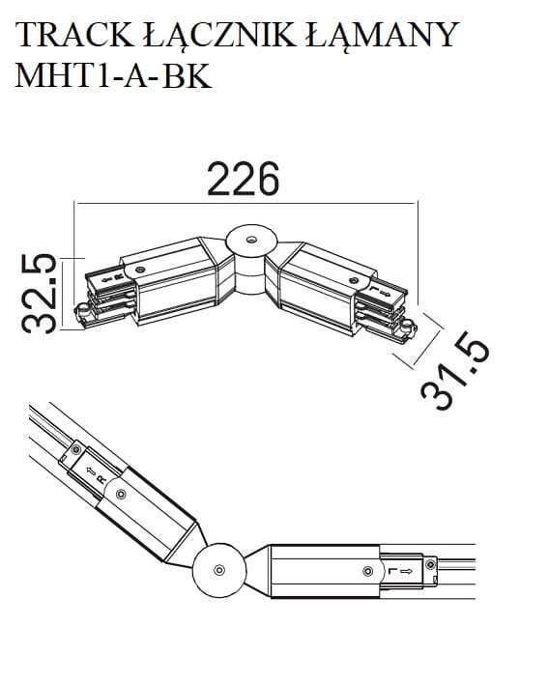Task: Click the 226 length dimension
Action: click(245, 180)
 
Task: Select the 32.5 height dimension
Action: click(38, 293)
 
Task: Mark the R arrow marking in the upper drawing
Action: click(108, 275)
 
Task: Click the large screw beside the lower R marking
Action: click(120, 494)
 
